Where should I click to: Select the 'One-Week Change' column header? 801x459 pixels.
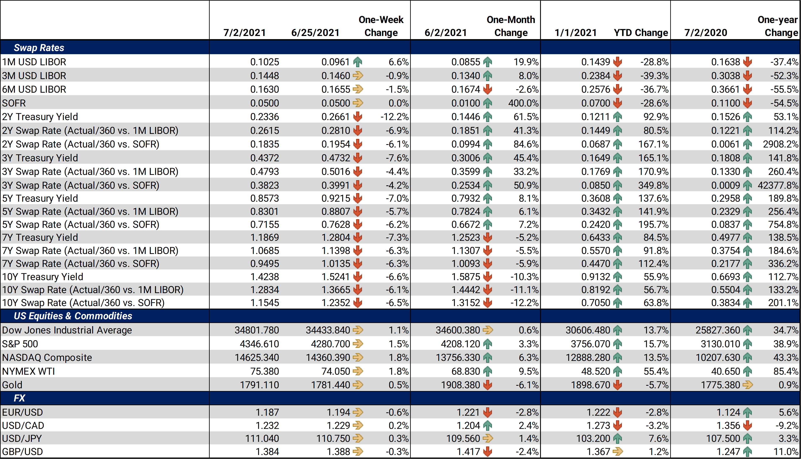tap(381, 26)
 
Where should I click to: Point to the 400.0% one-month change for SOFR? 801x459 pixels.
tap(523, 103)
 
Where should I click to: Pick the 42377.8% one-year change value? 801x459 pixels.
tap(778, 185)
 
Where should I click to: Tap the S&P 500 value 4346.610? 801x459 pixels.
tap(259, 344)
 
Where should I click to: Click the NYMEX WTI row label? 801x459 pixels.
tap(28, 371)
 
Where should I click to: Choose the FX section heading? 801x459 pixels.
tap(19, 398)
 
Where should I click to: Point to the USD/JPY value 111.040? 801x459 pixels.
tap(262, 438)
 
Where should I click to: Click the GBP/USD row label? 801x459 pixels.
tap(22, 452)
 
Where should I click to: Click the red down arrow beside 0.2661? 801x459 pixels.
tap(357, 117)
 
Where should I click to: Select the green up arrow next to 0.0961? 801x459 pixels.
tap(357, 62)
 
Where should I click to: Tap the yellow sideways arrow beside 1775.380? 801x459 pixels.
tap(747, 385)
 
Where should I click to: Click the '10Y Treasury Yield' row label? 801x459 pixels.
tap(42, 277)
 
